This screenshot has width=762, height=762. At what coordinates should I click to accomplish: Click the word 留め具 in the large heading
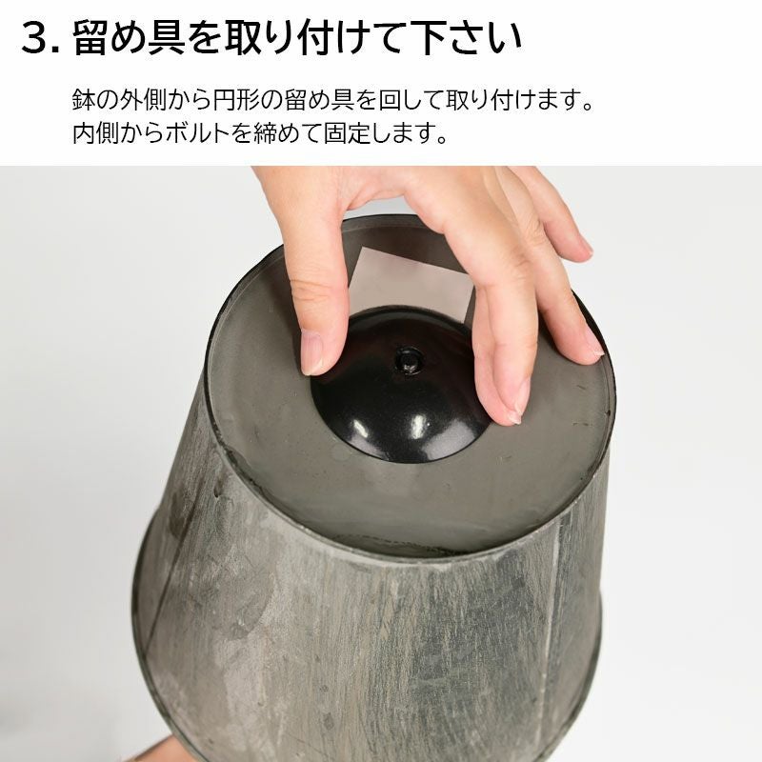[130, 37]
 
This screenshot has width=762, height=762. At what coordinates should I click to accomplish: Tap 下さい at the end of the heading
[464, 37]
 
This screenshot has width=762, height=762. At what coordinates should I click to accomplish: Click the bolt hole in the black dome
[408, 361]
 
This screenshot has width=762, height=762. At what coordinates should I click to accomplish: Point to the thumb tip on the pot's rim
[592, 349]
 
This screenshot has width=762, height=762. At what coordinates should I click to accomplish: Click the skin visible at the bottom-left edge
[155, 750]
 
